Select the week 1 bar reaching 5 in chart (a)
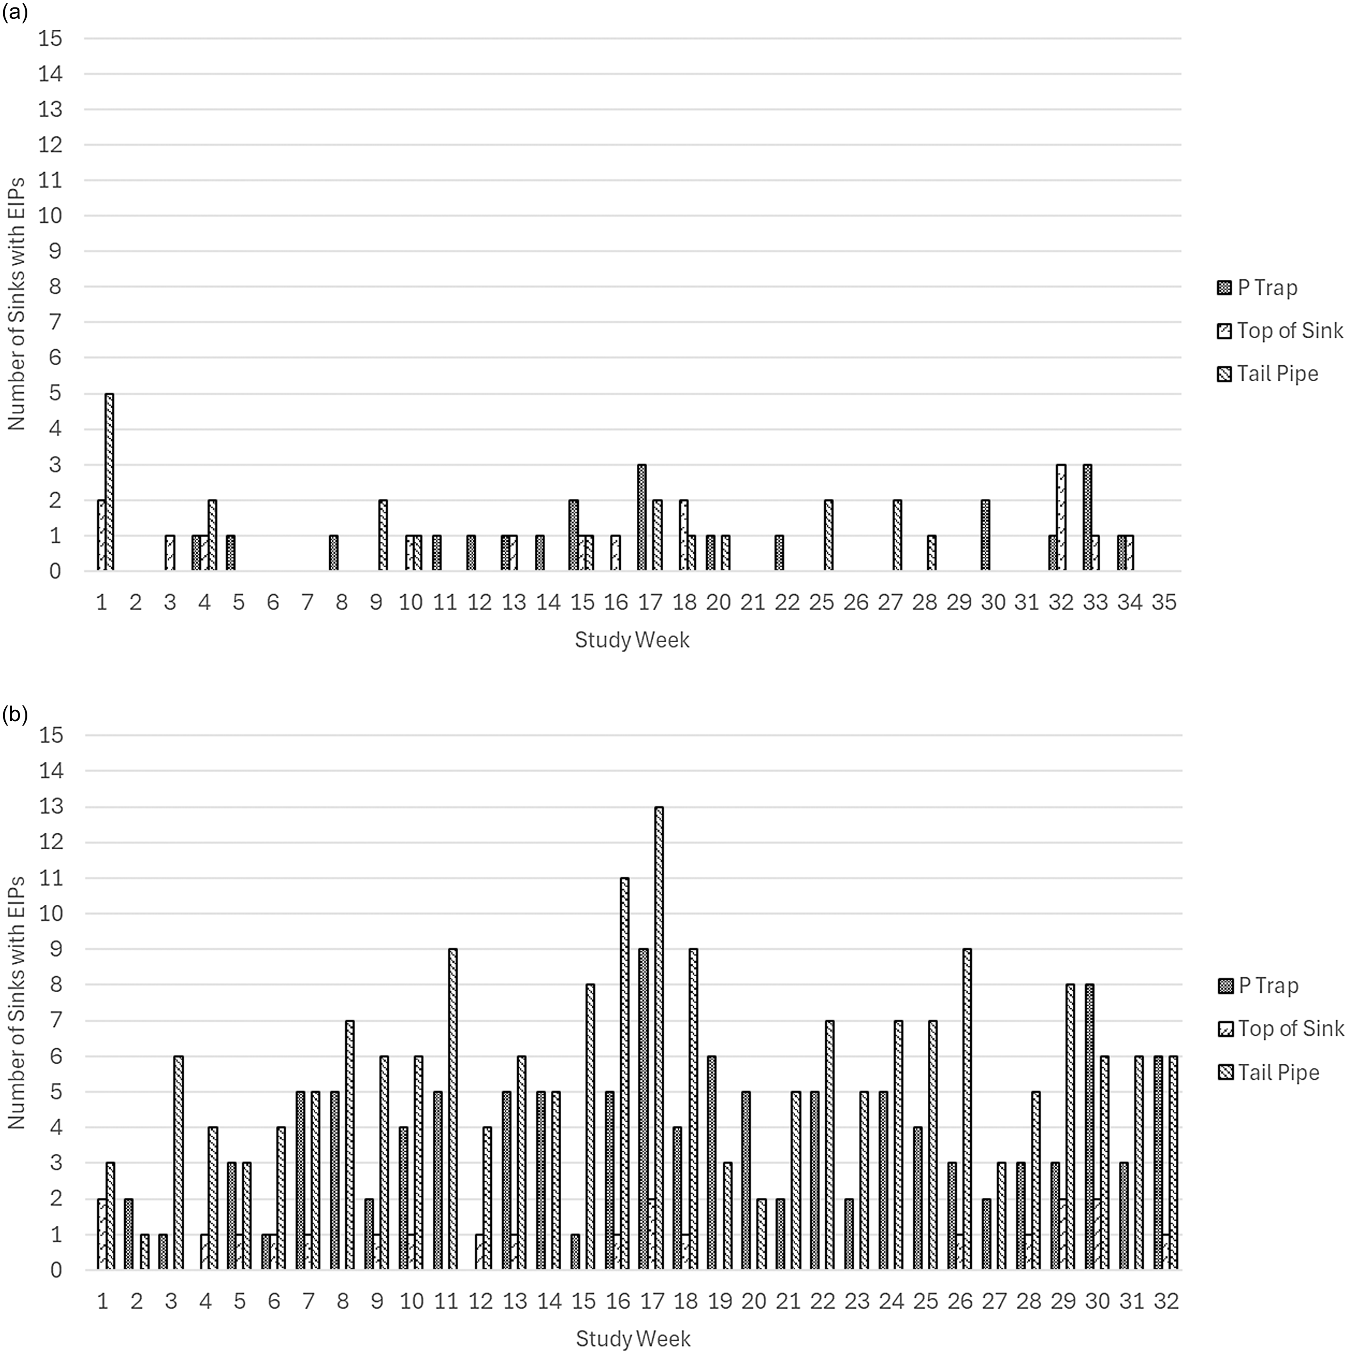[x=109, y=482]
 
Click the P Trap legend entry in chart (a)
[x=1258, y=288]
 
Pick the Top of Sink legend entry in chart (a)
[x=1280, y=331]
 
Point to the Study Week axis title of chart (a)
[x=632, y=640]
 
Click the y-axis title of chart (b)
[x=16, y=1002]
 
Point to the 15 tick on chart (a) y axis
[x=50, y=39]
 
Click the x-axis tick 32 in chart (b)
[x=1166, y=1301]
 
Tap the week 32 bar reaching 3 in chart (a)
[x=1061, y=518]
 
